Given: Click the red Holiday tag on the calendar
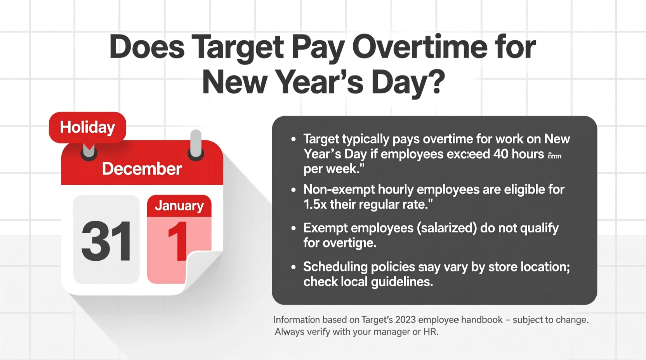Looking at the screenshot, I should pyautogui.click(x=87, y=127).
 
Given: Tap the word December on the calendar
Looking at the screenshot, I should pyautogui.click(x=142, y=169).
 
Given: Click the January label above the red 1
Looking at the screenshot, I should pyautogui.click(x=179, y=206).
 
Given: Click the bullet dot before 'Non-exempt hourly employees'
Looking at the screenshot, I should pyautogui.click(x=293, y=190).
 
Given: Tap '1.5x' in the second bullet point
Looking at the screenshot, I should pyautogui.click(x=315, y=204).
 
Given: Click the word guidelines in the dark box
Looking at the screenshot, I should pyautogui.click(x=401, y=282).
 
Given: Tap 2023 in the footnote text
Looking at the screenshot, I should pyautogui.click(x=405, y=320).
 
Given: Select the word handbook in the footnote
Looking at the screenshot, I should pyautogui.click(x=481, y=320).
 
